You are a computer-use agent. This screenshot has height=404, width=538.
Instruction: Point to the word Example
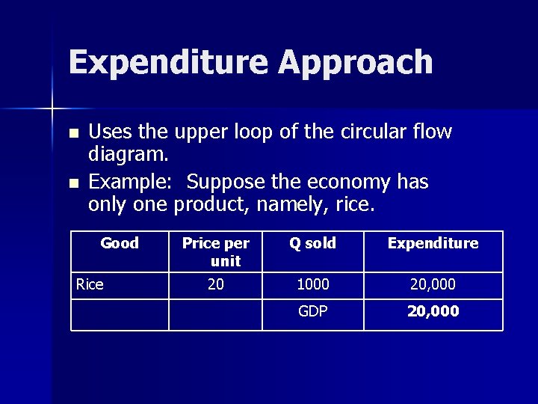[133, 182]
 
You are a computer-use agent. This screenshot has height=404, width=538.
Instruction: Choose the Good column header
[120, 243]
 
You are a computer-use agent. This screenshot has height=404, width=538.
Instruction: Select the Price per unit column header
[216, 251]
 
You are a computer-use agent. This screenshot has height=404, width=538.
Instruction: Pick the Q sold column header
[313, 243]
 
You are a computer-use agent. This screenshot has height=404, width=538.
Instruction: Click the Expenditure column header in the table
[433, 243]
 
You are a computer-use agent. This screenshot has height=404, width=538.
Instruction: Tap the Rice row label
[90, 284]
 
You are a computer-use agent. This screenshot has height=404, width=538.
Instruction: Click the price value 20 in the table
[216, 284]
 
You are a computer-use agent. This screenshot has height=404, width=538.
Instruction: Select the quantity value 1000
[313, 284]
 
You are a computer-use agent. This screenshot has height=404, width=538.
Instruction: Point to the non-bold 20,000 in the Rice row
[433, 284]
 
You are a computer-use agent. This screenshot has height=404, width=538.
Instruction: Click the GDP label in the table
[313, 311]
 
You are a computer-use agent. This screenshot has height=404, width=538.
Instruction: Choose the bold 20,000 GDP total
[433, 311]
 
